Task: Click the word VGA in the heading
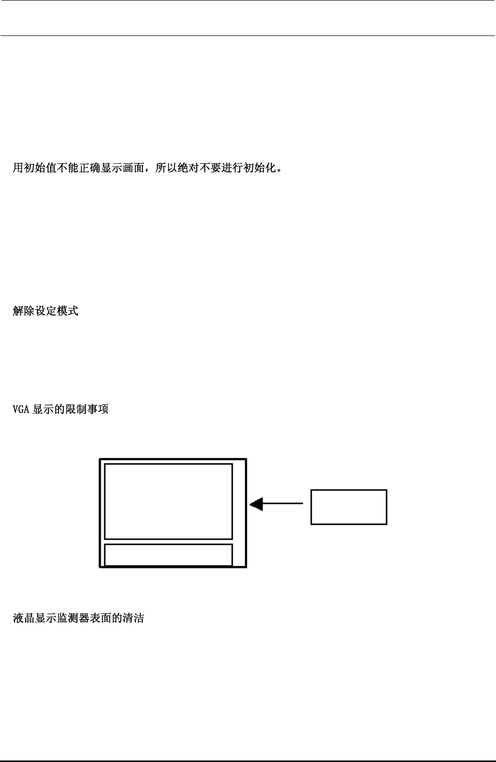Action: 21,410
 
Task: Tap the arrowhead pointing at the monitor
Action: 256,504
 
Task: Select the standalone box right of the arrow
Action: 349,507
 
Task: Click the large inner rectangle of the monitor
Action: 168,501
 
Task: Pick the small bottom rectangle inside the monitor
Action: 168,555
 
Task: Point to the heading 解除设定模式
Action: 45,312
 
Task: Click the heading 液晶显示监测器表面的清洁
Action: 78,619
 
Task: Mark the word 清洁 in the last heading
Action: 133,619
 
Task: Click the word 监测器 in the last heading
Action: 73,619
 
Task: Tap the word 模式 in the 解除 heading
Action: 67,312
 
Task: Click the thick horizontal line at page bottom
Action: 248,761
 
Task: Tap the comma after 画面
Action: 148,170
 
